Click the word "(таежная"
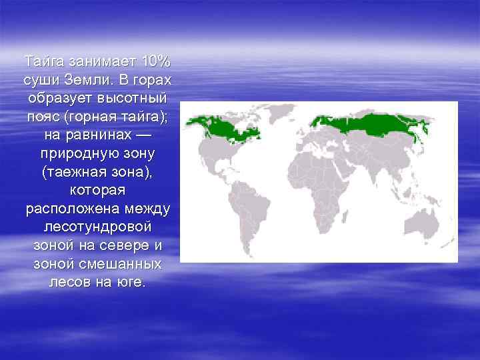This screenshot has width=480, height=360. point(69,171)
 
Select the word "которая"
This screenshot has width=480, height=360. point(98,190)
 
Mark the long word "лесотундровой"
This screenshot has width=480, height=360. point(98,227)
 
